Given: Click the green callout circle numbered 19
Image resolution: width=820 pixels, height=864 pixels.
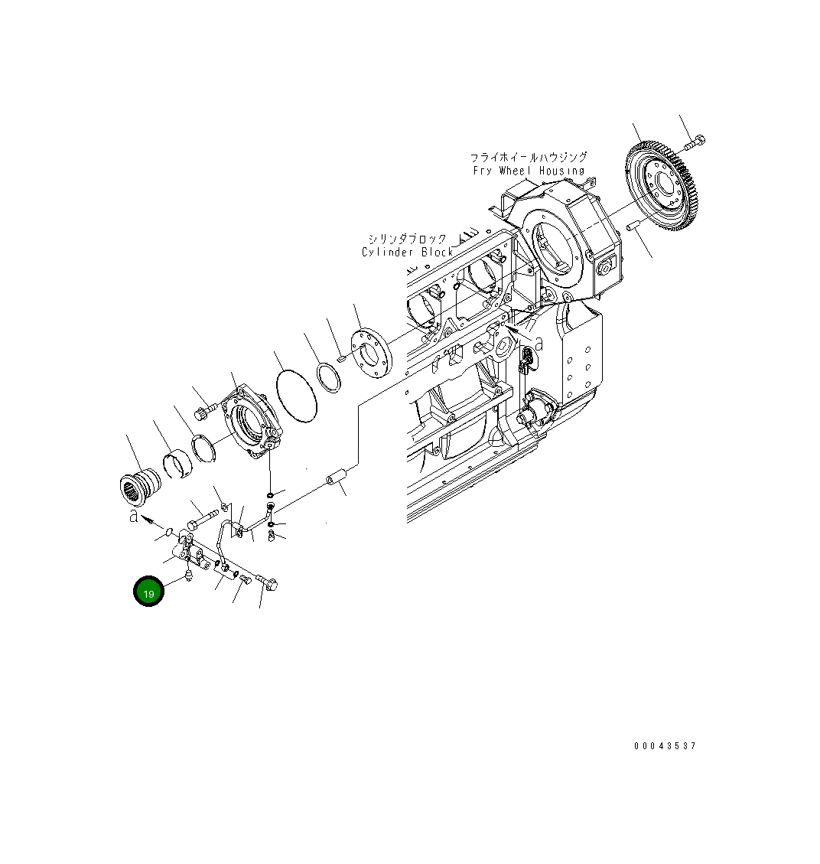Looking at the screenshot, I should pos(148,592).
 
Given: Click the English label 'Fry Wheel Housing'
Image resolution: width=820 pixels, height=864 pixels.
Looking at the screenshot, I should pos(529,171).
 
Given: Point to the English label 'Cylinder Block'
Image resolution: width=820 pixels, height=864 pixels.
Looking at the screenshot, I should pos(408,252).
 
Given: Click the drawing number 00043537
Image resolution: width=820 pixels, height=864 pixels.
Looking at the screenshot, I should pos(665,746).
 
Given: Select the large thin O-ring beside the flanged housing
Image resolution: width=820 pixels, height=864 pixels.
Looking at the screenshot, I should pos(294,395).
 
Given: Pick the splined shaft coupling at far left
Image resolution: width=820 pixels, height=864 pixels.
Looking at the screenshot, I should pos(139,486).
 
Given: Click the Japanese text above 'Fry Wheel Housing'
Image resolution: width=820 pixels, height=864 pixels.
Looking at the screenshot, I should pos(528,157).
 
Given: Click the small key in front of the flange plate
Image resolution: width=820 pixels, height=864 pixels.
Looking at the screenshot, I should pos(341,356).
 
